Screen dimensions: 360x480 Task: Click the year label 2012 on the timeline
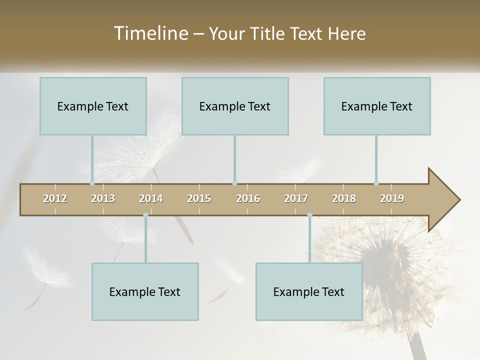click(x=55, y=198)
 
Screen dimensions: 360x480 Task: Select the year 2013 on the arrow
click(x=103, y=198)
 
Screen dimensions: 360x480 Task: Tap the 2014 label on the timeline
click(x=151, y=198)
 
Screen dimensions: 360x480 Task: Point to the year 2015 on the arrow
click(x=199, y=198)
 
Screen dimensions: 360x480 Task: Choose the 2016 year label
click(x=248, y=198)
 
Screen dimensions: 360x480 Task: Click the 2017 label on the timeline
click(x=296, y=198)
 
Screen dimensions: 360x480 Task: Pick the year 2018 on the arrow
click(x=344, y=198)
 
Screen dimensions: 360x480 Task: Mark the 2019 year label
click(x=392, y=198)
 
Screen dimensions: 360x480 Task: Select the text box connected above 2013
click(x=93, y=106)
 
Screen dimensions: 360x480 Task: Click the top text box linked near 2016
click(x=235, y=106)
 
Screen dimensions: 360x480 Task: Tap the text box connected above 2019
click(x=377, y=106)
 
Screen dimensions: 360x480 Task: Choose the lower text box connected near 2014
click(x=145, y=291)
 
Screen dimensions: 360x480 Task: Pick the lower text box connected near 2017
click(x=309, y=291)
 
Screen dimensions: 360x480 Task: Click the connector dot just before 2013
click(x=92, y=183)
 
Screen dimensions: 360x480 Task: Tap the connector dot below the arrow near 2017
click(x=309, y=215)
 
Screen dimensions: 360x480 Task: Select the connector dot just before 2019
click(x=376, y=183)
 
